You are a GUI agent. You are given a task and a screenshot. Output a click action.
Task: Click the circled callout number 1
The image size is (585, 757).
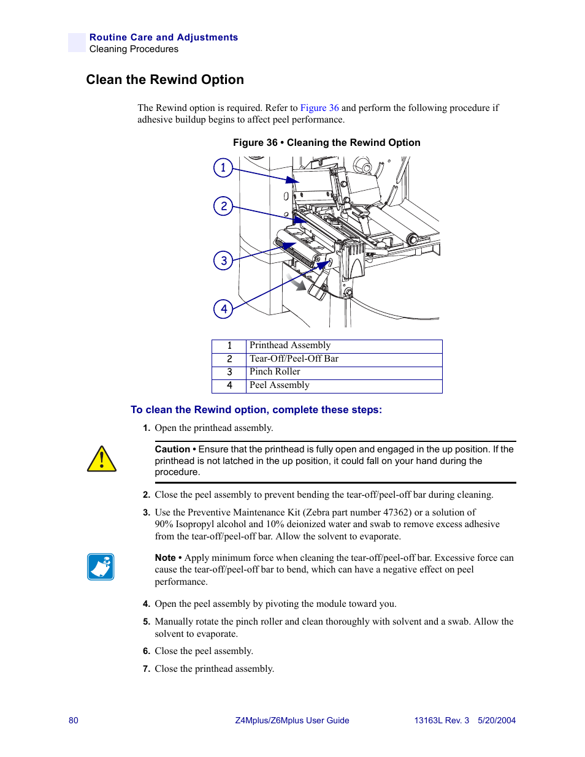223,167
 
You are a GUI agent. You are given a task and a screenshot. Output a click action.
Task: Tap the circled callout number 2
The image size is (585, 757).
223,206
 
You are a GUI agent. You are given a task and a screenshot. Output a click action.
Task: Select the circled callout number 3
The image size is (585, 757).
223,261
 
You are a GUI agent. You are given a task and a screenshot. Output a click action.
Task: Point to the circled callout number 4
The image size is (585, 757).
223,309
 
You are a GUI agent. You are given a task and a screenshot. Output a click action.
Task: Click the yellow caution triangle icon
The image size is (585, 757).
102,459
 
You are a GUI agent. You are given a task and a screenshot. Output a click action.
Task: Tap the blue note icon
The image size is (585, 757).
101,567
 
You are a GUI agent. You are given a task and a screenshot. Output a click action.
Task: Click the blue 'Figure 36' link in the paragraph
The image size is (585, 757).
319,108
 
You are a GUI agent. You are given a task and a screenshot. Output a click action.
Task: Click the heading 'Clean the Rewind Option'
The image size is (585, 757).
165,80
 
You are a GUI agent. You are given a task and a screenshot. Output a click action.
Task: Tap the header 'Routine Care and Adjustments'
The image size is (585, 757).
164,37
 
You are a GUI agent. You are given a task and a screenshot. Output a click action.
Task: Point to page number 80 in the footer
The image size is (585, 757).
74,720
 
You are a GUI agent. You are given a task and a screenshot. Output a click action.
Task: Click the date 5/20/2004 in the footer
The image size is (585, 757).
497,720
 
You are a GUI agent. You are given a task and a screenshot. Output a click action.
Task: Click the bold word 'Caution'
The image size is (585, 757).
172,449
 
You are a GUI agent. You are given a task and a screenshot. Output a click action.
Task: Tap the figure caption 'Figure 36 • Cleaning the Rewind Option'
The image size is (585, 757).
326,143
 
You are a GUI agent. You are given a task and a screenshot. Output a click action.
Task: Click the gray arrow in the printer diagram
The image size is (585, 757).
297,283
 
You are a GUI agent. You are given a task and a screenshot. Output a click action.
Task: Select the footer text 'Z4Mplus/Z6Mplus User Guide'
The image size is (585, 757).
292,720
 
